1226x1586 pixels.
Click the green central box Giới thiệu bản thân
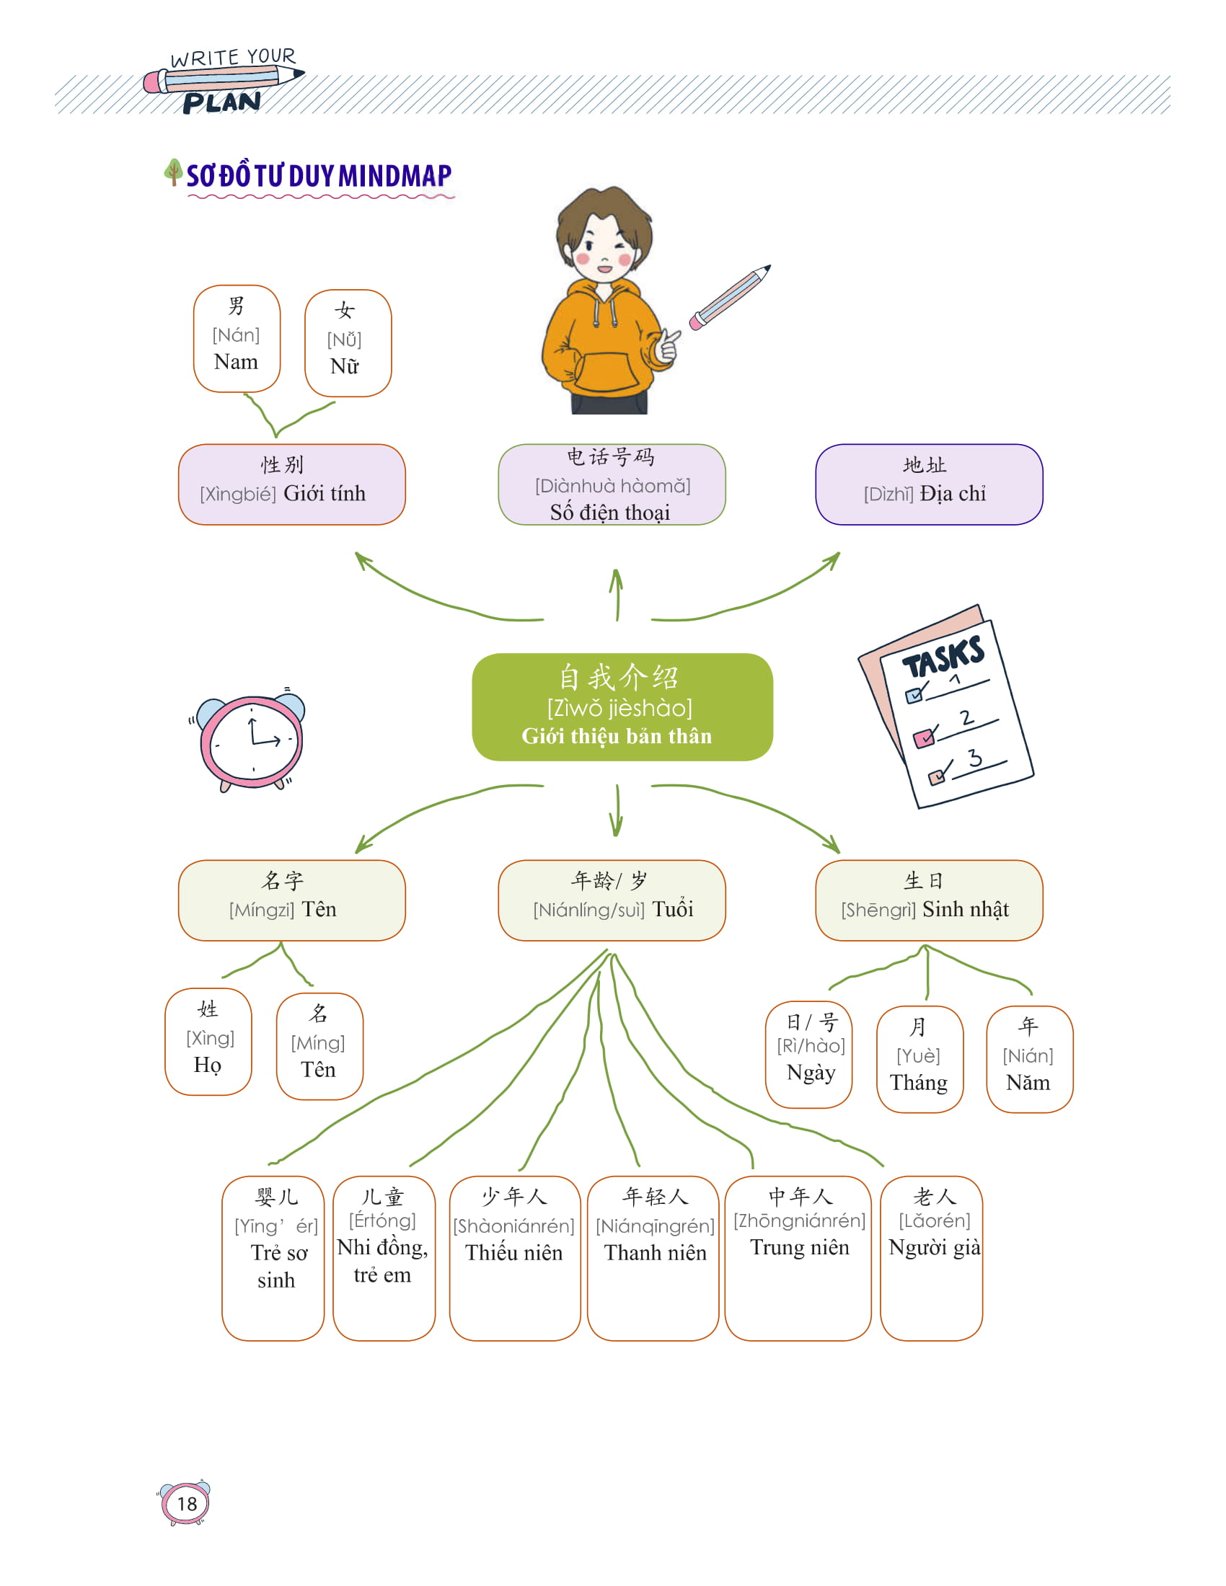pyautogui.click(x=622, y=706)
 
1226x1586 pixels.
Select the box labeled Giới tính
pyautogui.click(x=291, y=484)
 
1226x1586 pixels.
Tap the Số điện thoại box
pyautogui.click(x=612, y=484)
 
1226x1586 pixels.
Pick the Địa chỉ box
pyautogui.click(x=928, y=484)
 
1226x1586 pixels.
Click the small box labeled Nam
pyautogui.click(x=237, y=338)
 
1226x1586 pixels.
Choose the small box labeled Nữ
pyautogui.click(x=348, y=342)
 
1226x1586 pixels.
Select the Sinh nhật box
pyautogui.click(x=928, y=900)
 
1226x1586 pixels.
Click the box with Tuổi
pyautogui.click(x=612, y=900)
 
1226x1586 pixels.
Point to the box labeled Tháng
pyautogui.click(x=919, y=1058)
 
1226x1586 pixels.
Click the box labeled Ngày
pyautogui.click(x=808, y=1054)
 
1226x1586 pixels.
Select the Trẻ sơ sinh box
pyautogui.click(x=273, y=1257)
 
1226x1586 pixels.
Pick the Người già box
pyautogui.click(x=931, y=1257)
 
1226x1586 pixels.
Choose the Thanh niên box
pyautogui.click(x=653, y=1257)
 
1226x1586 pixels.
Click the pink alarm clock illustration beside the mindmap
pyautogui.click(x=250, y=740)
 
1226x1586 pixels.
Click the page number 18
pyautogui.click(x=186, y=1503)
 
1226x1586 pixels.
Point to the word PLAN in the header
pyautogui.click(x=221, y=102)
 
